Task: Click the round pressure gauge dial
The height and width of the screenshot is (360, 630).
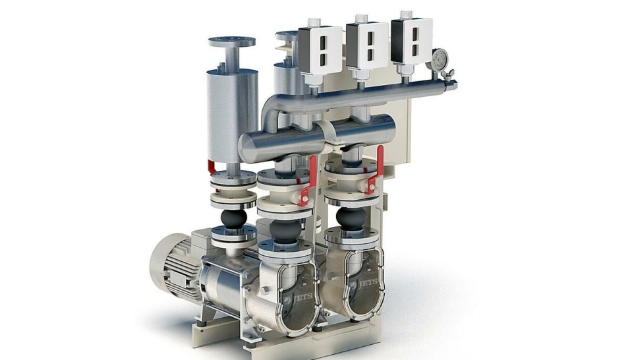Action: [440, 59]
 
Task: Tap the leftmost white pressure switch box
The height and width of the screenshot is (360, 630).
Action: [320, 48]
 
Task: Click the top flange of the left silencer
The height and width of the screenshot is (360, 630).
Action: [232, 42]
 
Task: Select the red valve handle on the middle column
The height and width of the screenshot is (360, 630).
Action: [308, 181]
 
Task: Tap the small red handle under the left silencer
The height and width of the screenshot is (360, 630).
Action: [212, 168]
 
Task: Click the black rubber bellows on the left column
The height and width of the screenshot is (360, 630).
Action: [233, 218]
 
